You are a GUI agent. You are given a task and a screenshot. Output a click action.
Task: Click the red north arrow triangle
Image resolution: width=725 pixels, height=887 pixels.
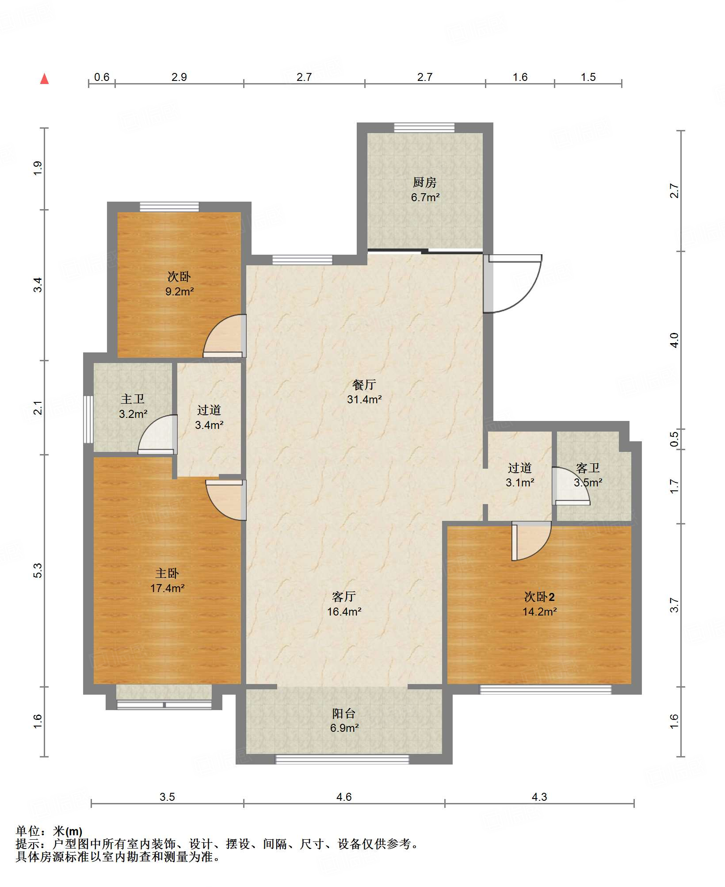click(44, 79)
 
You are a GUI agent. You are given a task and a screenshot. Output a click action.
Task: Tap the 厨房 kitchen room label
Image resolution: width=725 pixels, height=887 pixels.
click(425, 182)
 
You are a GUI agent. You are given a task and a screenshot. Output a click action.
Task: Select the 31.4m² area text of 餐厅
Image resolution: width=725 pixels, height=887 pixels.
click(364, 399)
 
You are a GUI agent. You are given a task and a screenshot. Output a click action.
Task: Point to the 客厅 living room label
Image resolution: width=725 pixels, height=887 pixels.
click(344, 596)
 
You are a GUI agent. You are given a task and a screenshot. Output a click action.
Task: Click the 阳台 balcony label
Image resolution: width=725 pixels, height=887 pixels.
click(344, 713)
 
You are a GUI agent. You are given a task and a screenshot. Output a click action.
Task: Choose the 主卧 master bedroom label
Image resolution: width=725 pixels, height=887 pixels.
click(167, 573)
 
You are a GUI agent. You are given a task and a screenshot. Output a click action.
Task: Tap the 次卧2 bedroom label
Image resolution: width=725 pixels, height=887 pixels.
click(539, 596)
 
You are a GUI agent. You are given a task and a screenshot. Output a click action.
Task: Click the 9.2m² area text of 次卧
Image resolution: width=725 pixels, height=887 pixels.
click(179, 291)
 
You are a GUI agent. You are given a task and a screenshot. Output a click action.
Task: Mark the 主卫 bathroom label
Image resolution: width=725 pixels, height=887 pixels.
click(133, 399)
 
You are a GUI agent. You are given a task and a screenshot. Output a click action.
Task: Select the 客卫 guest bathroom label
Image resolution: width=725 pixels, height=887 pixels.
click(588, 467)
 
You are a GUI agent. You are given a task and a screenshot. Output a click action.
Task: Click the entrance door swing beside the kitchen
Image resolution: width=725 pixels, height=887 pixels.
click(513, 283)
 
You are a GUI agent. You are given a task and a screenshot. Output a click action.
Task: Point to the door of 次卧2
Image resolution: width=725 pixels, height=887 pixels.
click(531, 541)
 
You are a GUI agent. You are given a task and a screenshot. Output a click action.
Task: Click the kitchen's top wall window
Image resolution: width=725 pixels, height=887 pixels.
click(424, 127)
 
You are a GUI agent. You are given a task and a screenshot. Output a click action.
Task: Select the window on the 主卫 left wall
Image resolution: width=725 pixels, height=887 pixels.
click(88, 419)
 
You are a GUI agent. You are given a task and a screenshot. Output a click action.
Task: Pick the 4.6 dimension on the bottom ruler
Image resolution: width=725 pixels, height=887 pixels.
click(344, 797)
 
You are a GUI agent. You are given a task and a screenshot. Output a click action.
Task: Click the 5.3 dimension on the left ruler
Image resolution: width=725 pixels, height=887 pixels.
click(38, 570)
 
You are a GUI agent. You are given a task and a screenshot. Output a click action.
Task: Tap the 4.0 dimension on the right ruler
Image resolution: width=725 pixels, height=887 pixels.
click(674, 340)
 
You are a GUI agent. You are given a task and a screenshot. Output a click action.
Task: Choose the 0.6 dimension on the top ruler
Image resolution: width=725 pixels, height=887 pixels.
click(102, 77)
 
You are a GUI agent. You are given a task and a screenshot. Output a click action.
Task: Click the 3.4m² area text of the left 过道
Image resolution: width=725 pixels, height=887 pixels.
click(209, 425)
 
